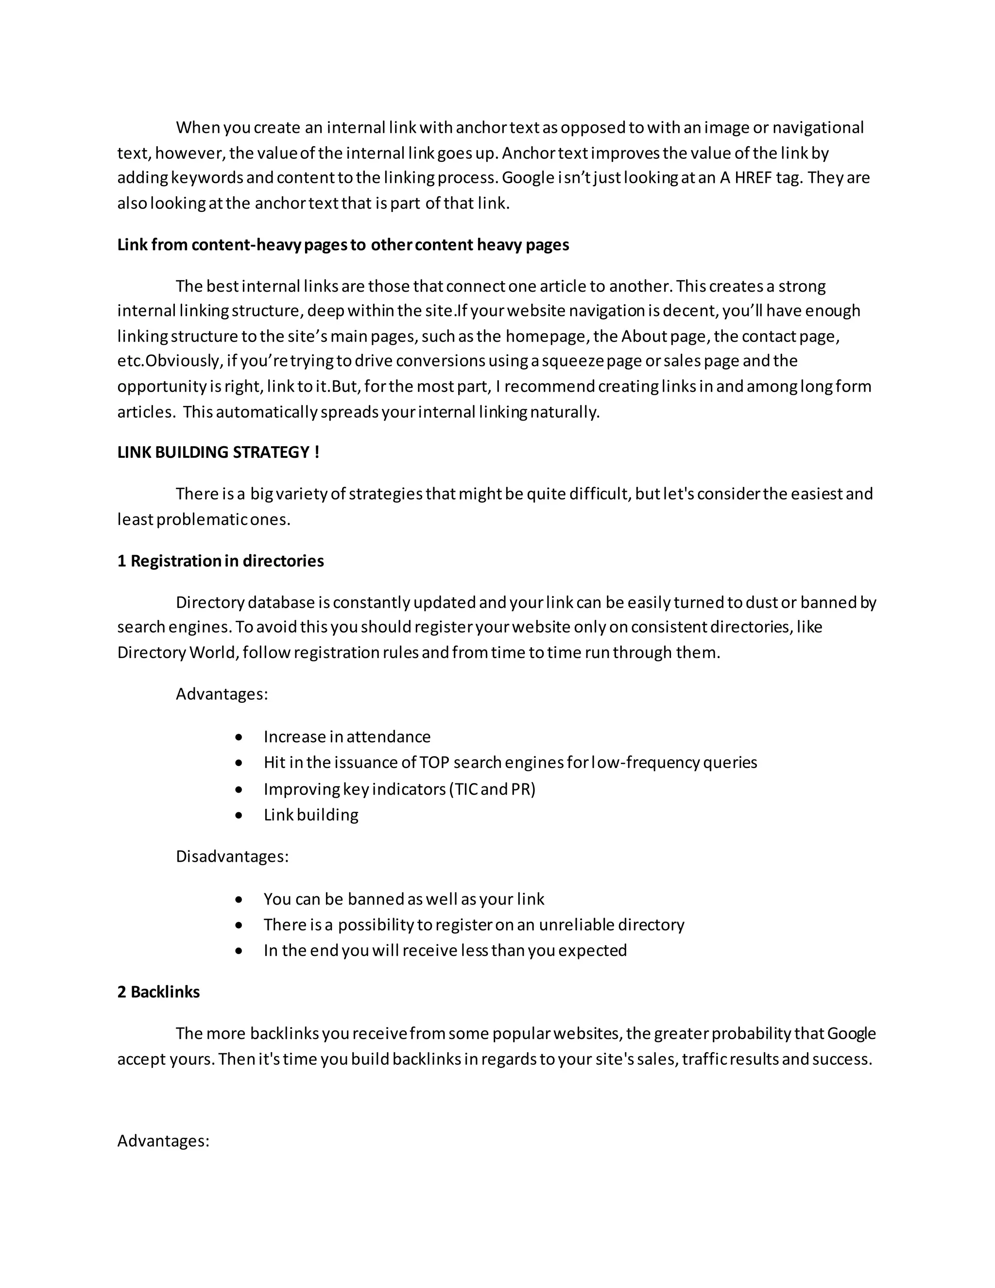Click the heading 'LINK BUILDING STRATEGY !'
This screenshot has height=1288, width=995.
(218, 453)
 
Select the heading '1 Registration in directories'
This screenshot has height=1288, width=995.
(221, 560)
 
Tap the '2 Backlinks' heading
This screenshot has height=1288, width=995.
(158, 992)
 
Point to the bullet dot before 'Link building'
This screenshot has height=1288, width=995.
(238, 816)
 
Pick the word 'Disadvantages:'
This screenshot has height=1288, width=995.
(232, 856)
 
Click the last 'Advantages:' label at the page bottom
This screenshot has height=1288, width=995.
(163, 1141)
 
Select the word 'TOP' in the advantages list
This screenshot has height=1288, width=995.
(434, 763)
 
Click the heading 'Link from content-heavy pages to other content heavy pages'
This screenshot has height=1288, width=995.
(343, 245)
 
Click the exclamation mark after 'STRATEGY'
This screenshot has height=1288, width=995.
(317, 453)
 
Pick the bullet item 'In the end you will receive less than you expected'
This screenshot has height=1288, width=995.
(445, 950)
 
